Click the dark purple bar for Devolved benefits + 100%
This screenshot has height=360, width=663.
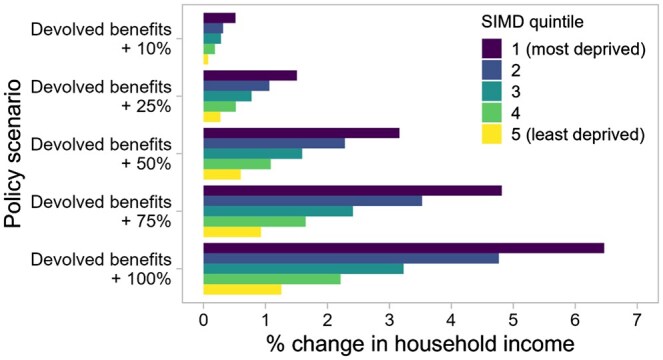(x=404, y=248)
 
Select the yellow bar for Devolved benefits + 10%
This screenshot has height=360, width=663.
(x=206, y=59)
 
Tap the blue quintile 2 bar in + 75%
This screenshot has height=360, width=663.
(x=313, y=201)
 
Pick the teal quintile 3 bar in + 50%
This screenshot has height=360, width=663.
(x=253, y=154)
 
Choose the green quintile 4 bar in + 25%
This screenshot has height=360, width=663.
(x=220, y=107)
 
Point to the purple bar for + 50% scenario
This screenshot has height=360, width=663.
(x=301, y=133)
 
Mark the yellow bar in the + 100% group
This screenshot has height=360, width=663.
(x=242, y=289)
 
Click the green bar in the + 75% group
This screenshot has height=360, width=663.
(x=255, y=221)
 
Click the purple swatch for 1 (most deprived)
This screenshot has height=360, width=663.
(x=492, y=49)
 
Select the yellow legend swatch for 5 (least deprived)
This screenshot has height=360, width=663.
(x=492, y=134)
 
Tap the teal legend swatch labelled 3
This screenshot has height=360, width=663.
(x=492, y=91)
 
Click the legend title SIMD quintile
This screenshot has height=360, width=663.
(x=532, y=22)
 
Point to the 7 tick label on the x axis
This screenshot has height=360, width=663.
(x=637, y=320)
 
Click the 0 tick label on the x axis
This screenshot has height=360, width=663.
(x=204, y=320)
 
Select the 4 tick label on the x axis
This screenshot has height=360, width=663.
(x=451, y=320)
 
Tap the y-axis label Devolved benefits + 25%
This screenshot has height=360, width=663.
(x=101, y=96)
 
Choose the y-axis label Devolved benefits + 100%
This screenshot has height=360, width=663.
(x=101, y=269)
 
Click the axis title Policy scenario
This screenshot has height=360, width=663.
(x=13, y=154)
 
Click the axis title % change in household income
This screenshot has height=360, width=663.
(x=420, y=344)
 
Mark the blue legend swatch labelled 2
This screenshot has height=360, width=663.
(x=492, y=70)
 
